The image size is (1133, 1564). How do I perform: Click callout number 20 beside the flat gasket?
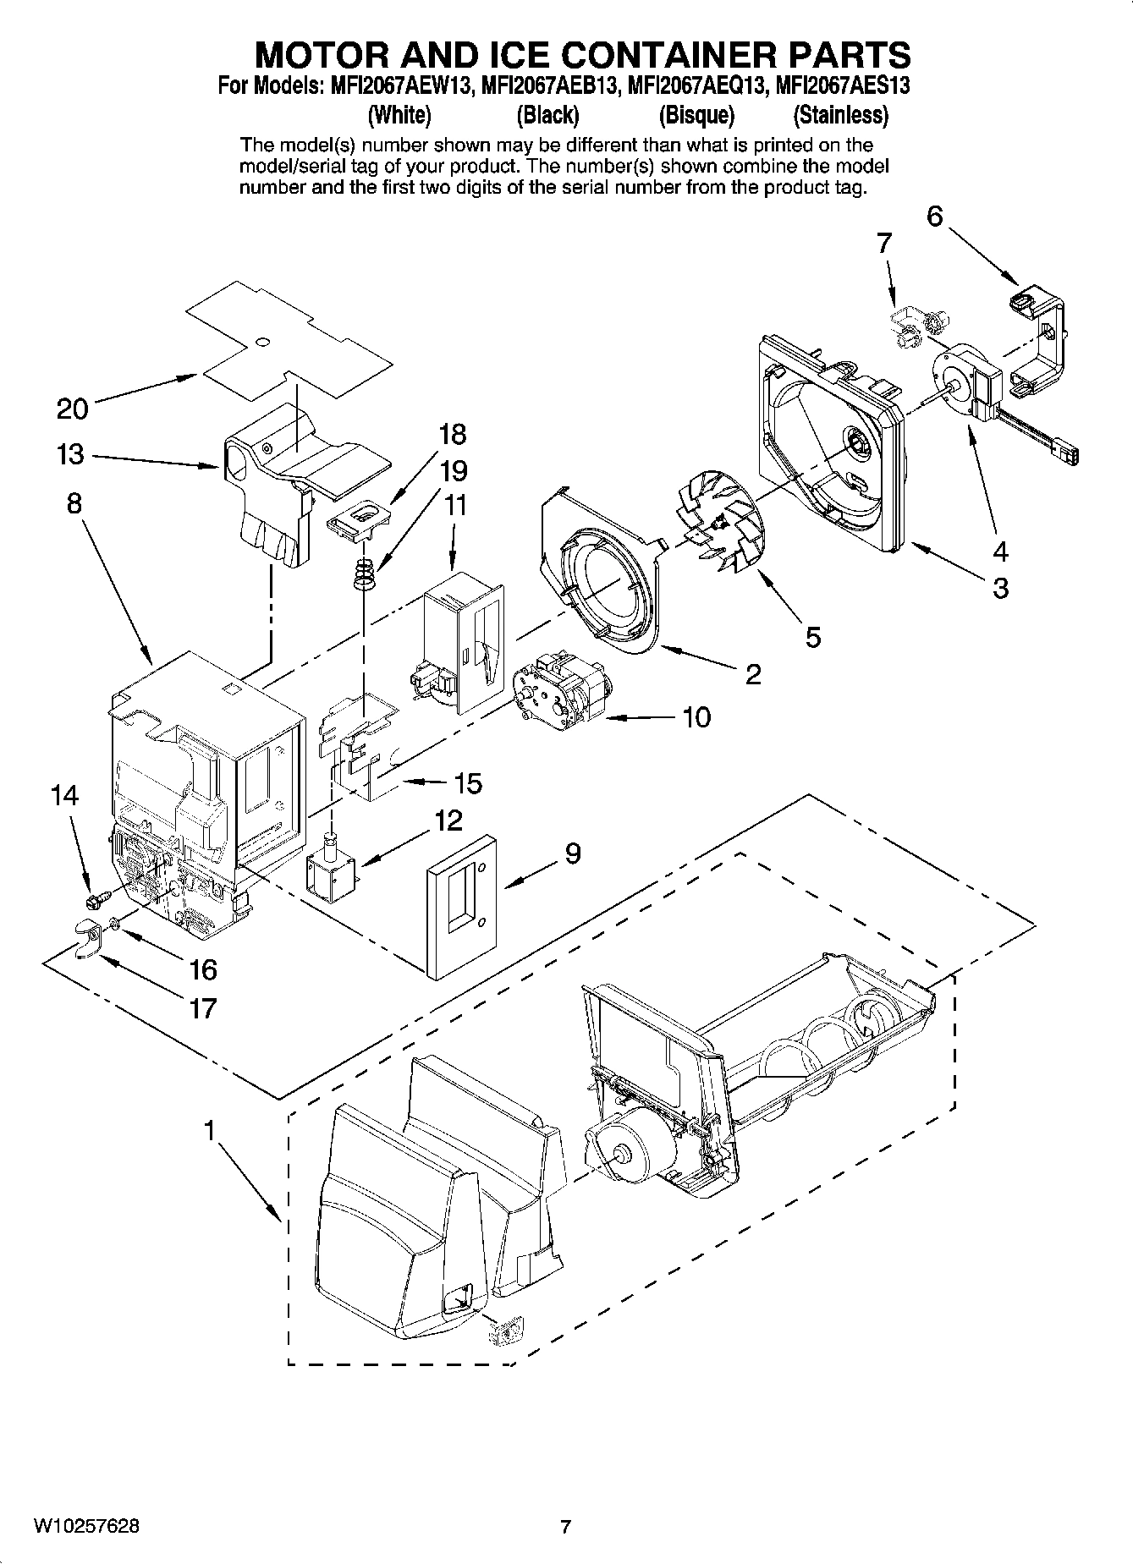(x=72, y=409)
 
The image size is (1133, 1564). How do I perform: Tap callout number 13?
(x=70, y=454)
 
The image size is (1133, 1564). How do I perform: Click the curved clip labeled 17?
(x=85, y=940)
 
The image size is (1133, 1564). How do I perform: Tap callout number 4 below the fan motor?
(x=1000, y=552)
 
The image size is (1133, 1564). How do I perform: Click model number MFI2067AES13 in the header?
(x=842, y=85)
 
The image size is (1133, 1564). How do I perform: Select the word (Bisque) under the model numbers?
(x=696, y=114)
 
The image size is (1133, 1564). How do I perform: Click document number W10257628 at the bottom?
(x=86, y=1526)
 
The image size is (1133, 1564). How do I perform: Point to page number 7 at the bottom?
(x=565, y=1527)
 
